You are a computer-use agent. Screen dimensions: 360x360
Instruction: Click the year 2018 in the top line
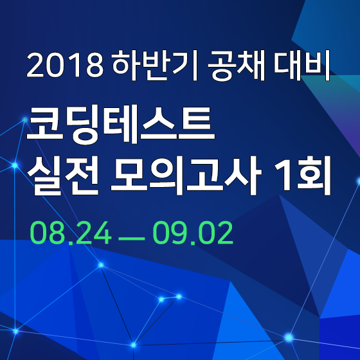pyautogui.click(x=65, y=65)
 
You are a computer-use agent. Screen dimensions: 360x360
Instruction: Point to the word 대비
pyautogui.click(x=301, y=65)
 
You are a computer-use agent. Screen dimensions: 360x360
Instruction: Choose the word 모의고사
pyautogui.click(x=186, y=175)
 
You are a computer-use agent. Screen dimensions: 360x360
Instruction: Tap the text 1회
pyautogui.click(x=303, y=175)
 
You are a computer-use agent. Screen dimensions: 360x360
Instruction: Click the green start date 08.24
pyautogui.click(x=71, y=233)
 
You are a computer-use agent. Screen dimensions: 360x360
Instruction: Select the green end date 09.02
pyautogui.click(x=193, y=233)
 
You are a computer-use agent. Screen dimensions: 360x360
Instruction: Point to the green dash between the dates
pyautogui.click(x=132, y=239)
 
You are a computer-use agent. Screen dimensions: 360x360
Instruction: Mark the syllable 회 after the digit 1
pyautogui.click(x=314, y=175)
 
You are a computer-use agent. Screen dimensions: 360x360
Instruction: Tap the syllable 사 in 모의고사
pyautogui.click(x=244, y=175)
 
